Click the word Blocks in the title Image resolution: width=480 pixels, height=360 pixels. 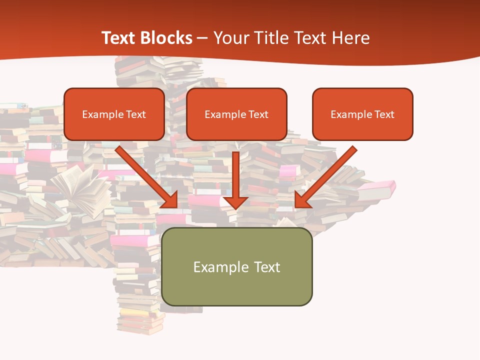[166, 38]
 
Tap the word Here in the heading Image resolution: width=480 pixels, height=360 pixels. [350, 38]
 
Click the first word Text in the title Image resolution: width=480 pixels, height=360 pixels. [119, 38]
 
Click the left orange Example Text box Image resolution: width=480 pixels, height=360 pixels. [114, 114]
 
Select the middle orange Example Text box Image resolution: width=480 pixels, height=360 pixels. [236, 114]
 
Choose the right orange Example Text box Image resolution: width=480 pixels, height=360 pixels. [362, 114]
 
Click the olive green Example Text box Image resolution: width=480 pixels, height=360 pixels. [236, 266]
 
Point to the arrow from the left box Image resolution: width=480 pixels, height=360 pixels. [145, 175]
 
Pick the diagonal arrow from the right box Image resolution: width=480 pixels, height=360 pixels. [327, 175]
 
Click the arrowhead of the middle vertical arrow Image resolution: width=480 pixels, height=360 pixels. [235, 201]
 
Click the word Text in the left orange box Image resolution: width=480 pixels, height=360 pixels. [135, 114]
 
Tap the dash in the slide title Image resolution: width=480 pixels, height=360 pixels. [202, 38]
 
